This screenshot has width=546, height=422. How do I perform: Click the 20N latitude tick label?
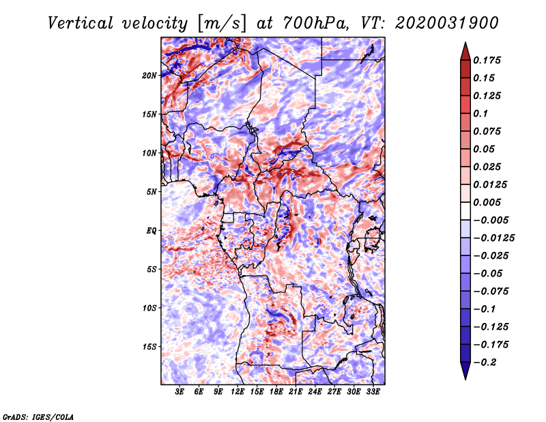click(149, 76)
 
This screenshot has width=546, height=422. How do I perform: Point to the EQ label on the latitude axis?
click(152, 231)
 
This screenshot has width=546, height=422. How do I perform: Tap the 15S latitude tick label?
click(149, 347)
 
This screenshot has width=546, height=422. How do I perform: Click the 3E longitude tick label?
click(179, 392)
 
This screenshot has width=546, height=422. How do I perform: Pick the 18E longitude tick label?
click(276, 392)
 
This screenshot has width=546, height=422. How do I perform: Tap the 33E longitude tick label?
click(373, 392)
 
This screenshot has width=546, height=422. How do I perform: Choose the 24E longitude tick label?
click(315, 392)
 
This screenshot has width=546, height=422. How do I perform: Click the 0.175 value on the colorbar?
click(487, 60)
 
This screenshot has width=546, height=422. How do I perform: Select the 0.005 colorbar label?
click(487, 202)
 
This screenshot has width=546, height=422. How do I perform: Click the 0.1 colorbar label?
click(480, 113)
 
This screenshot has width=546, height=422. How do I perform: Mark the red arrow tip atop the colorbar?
click(465, 42)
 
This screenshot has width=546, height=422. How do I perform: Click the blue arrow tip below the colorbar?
click(465, 379)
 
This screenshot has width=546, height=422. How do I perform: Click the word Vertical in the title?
click(81, 23)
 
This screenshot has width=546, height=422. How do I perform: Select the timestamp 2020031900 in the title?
click(447, 23)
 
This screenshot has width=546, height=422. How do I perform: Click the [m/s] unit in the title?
click(222, 24)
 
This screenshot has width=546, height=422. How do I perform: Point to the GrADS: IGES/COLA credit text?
click(38, 417)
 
